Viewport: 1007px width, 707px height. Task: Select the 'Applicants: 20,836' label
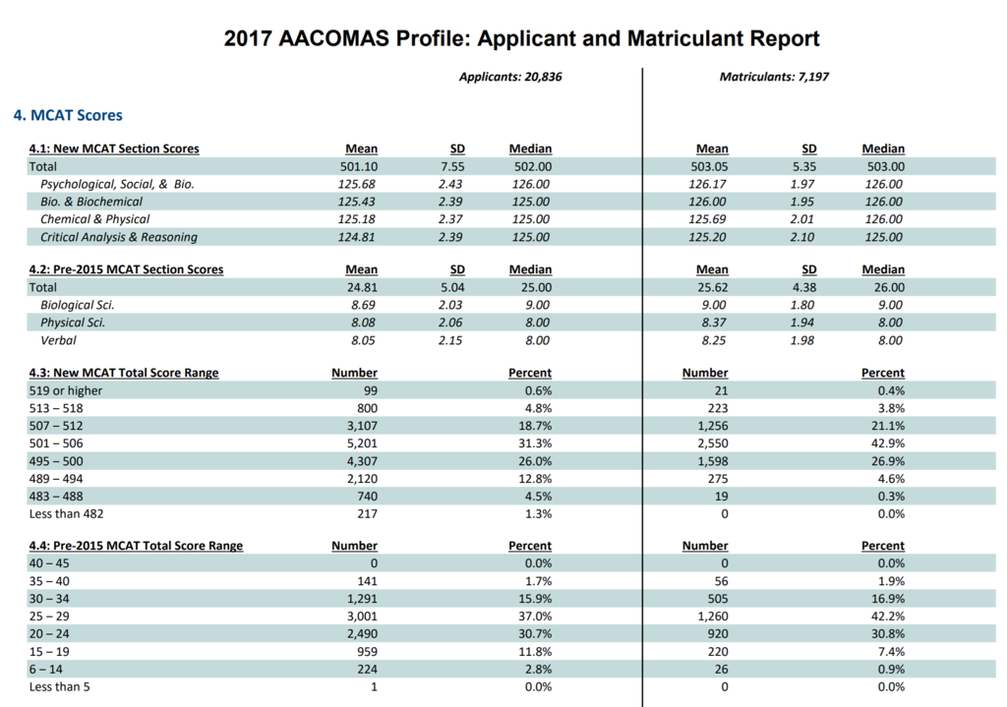click(510, 76)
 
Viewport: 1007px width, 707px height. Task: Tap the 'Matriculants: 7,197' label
click(774, 76)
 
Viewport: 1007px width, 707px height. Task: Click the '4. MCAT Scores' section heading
click(68, 115)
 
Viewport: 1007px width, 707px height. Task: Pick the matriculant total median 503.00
click(883, 166)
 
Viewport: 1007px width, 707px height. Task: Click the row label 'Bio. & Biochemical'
click(91, 202)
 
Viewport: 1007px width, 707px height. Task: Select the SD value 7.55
click(450, 166)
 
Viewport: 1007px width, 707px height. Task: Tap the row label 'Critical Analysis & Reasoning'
click(118, 237)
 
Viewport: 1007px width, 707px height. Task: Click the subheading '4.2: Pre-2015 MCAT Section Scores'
click(126, 269)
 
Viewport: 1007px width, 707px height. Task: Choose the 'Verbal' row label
click(58, 340)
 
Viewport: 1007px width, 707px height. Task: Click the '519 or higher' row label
click(66, 390)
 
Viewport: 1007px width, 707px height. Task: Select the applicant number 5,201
click(360, 443)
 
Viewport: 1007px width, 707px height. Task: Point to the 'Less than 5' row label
click(60, 687)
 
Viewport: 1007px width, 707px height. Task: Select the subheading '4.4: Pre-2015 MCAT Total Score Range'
click(136, 546)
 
